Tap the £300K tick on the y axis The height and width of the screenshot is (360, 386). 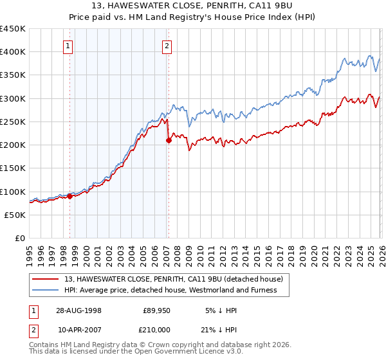(x=13, y=98)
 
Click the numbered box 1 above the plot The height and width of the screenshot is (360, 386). (x=68, y=45)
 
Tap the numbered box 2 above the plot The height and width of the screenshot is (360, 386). (x=167, y=45)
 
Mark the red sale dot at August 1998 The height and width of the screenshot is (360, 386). (x=70, y=196)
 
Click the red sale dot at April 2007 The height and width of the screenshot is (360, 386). (x=169, y=140)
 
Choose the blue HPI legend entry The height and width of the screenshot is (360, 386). (x=169, y=290)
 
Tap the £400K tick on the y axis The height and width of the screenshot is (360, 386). (x=13, y=51)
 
